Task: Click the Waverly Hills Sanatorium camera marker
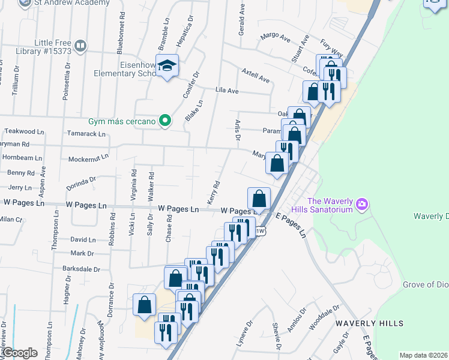[361, 205]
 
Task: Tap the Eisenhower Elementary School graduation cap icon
[168, 68]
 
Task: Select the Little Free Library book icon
[80, 46]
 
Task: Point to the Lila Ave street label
[227, 91]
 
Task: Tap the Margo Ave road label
[275, 37]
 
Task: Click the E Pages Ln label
[291, 225]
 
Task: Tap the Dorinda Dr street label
[82, 182]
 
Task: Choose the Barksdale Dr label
[84, 270]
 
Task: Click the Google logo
[19, 353]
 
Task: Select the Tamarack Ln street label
[86, 134]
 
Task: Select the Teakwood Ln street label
[24, 131]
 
